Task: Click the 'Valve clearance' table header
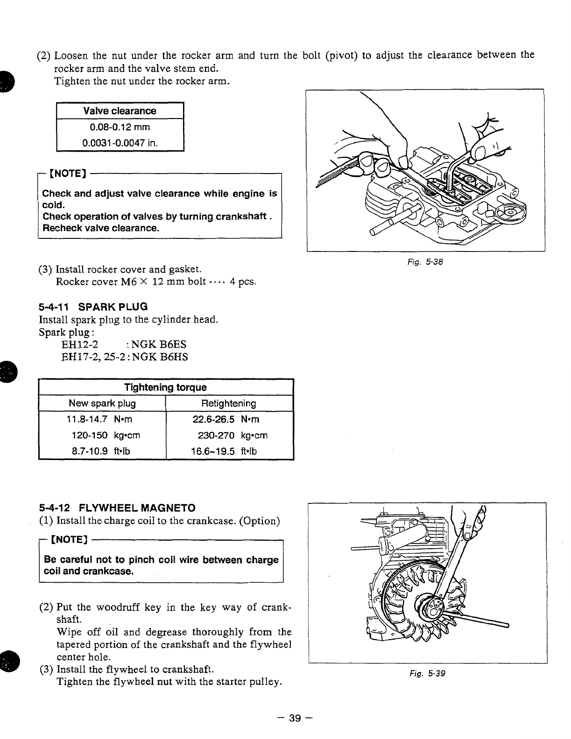[120, 111]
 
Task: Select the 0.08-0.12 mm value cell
[120, 127]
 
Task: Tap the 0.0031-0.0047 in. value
[120, 143]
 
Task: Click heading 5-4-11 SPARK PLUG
[93, 307]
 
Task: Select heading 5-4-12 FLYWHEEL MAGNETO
[117, 508]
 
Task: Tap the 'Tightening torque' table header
[165, 388]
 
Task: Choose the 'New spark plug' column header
[102, 404]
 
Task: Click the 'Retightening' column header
[228, 404]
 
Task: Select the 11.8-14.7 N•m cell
[99, 419]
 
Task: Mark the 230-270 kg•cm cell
[232, 435]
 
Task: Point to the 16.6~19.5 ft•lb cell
[224, 451]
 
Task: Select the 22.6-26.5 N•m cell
[227, 419]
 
